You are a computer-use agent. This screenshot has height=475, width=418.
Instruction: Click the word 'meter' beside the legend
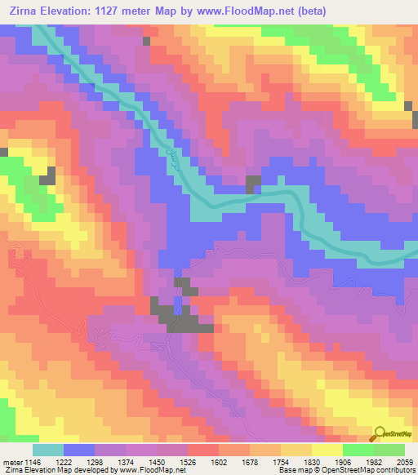point(11,461)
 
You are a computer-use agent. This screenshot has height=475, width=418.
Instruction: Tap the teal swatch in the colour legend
point(48,450)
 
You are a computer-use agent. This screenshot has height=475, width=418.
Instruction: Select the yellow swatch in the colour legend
point(327,450)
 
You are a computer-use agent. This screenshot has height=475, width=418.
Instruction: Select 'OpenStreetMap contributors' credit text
point(368,470)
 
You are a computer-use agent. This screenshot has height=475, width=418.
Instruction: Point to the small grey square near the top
point(146,40)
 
